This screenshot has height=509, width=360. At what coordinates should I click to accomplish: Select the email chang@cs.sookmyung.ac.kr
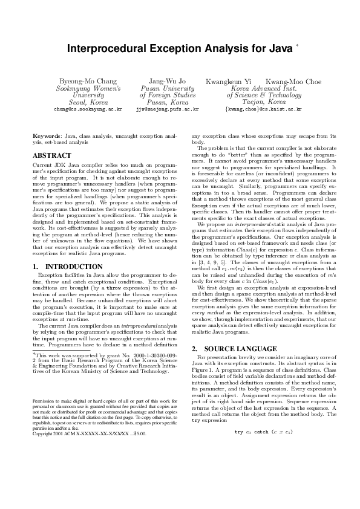click(88, 109)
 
